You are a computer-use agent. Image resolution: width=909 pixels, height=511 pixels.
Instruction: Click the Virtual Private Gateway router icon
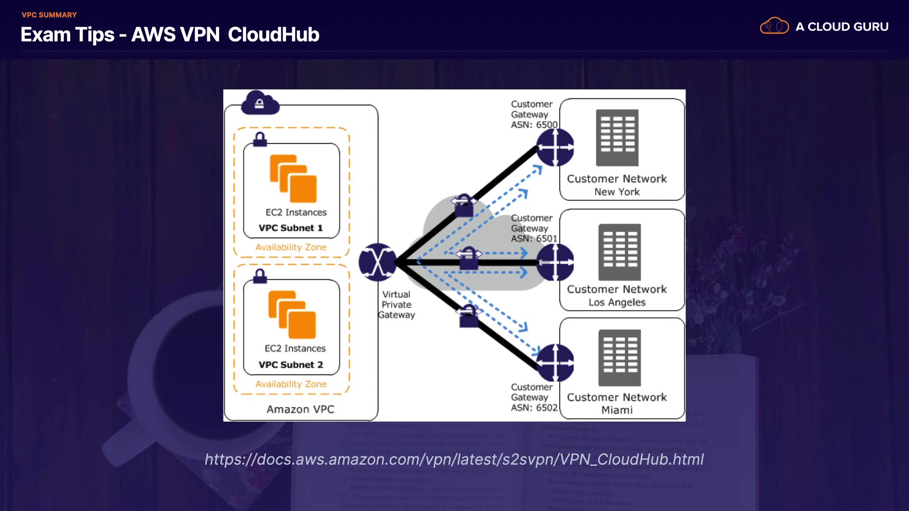click(377, 262)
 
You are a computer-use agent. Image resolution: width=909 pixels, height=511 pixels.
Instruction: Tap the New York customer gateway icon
click(555, 148)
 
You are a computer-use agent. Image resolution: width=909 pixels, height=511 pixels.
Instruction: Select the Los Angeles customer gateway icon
click(555, 262)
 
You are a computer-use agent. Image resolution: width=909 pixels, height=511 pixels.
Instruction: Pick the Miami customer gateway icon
click(555, 363)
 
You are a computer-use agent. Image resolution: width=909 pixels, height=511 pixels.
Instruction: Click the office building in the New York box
click(617, 138)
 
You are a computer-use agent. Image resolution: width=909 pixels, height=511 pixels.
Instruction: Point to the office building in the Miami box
click(619, 358)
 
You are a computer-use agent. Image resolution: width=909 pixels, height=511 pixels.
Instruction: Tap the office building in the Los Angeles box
click(619, 252)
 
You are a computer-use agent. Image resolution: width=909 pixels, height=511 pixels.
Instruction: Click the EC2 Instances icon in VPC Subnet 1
click(293, 179)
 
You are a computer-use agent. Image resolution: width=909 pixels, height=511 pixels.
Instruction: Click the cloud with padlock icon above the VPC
click(260, 103)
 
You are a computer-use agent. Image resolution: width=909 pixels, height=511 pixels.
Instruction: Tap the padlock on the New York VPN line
click(463, 205)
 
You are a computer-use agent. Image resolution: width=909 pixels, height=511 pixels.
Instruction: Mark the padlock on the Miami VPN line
click(469, 316)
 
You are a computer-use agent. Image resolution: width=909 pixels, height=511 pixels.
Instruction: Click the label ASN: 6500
click(534, 125)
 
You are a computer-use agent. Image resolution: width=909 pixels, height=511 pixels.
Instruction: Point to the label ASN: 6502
click(534, 408)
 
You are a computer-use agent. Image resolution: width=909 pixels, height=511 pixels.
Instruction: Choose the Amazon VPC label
click(300, 409)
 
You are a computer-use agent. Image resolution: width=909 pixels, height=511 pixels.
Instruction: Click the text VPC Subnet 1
click(291, 228)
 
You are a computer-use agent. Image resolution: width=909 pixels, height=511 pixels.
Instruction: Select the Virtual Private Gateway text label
click(396, 305)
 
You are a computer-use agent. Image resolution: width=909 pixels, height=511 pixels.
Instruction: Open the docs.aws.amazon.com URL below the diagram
click(454, 459)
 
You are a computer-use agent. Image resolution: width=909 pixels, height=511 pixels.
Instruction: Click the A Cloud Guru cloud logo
click(774, 26)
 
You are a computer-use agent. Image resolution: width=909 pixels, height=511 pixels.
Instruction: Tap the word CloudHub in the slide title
click(273, 35)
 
